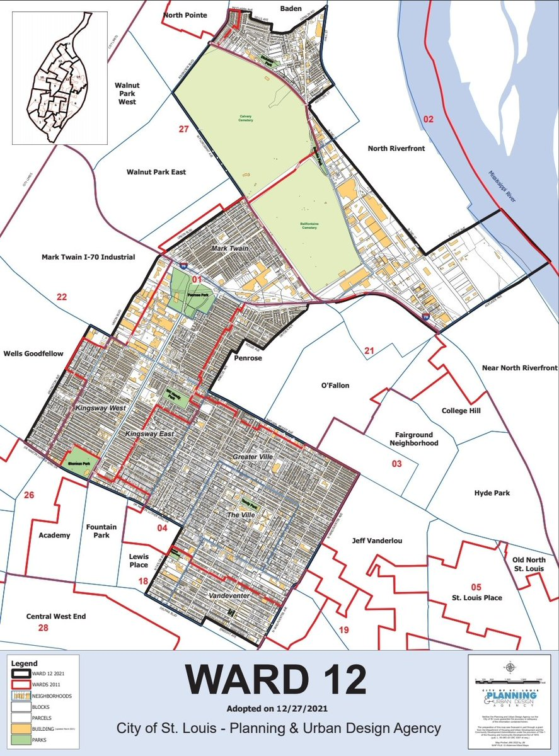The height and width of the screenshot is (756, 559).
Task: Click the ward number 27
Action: point(183,129)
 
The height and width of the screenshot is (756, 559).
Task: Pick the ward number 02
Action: point(429,118)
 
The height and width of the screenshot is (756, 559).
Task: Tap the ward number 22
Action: point(61,297)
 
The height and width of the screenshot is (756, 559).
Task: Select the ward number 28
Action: point(43,627)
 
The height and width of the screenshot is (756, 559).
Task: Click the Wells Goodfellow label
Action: point(33,353)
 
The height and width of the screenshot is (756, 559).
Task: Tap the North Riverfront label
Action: point(396,149)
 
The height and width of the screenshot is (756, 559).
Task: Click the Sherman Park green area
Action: point(80,459)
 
